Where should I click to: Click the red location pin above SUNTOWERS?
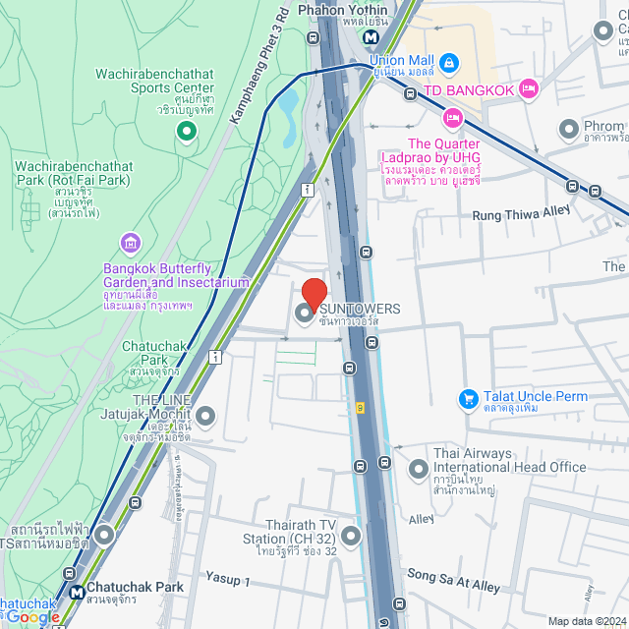tap(314, 294)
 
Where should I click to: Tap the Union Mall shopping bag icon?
tap(449, 62)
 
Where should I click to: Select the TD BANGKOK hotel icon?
tap(528, 89)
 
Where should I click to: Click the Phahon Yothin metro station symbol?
tap(372, 37)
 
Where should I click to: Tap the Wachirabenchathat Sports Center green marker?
tap(184, 129)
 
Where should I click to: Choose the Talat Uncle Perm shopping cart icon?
tap(469, 398)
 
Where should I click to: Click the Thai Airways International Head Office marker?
tap(419, 467)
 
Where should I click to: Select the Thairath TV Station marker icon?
tap(351, 537)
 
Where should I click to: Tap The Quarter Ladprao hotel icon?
tap(452, 119)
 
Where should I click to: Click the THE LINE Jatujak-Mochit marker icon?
tap(205, 417)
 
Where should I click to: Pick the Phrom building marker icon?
tap(568, 129)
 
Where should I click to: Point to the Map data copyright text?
tap(586, 621)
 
